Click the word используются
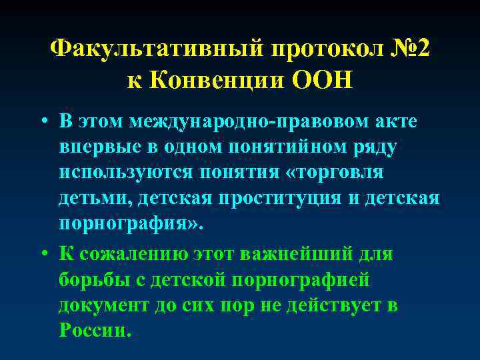coord(126,172)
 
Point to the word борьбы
coord(89,280)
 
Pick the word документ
coord(99,305)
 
